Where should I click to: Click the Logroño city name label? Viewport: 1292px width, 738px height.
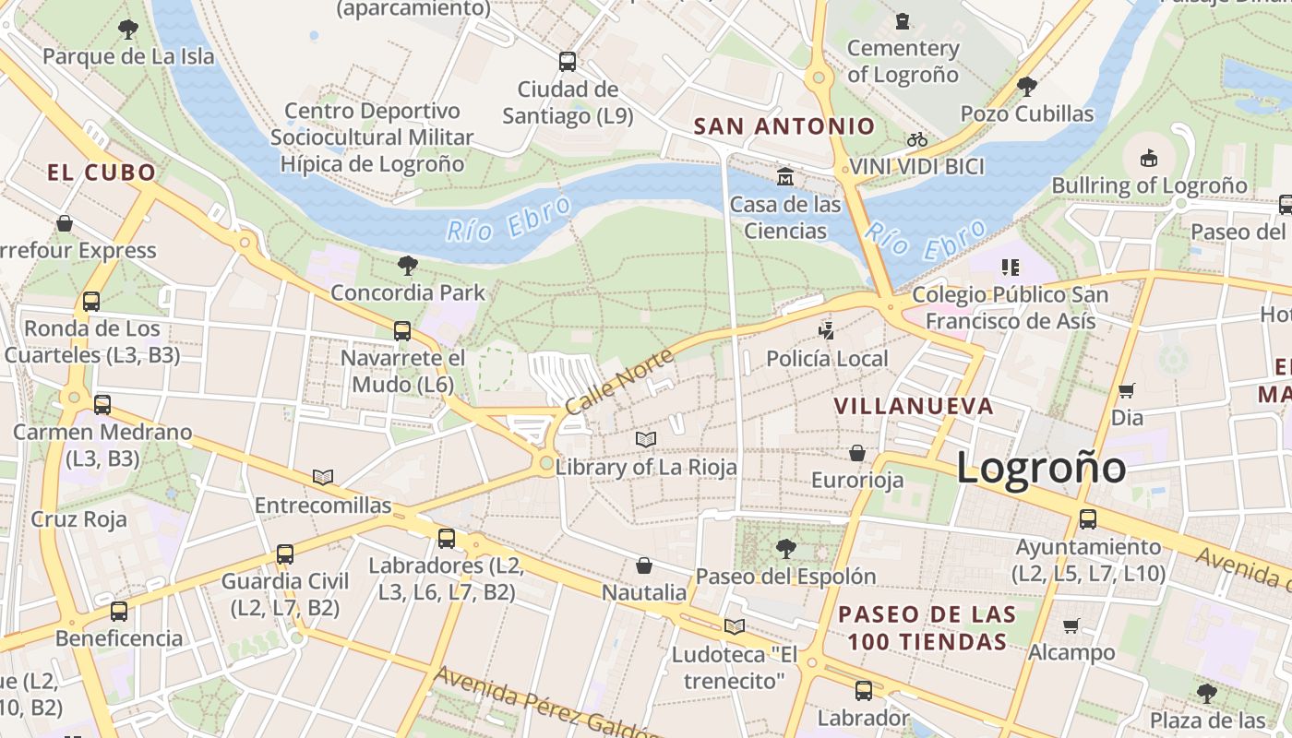pyautogui.click(x=1040, y=468)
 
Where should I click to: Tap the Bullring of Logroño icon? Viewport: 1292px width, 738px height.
pyautogui.click(x=1148, y=159)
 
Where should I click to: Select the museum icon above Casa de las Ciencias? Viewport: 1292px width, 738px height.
pyautogui.click(x=785, y=176)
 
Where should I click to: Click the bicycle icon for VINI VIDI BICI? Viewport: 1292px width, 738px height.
pyautogui.click(x=916, y=139)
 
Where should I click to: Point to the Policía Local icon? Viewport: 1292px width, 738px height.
pyautogui.click(x=827, y=330)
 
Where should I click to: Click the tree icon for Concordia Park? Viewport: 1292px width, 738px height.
pyautogui.click(x=407, y=267)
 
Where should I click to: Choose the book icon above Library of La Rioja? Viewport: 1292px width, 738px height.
pyautogui.click(x=646, y=439)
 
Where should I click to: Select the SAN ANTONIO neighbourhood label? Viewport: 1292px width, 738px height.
pyautogui.click(x=784, y=126)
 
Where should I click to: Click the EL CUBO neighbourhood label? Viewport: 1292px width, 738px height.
pyautogui.click(x=102, y=173)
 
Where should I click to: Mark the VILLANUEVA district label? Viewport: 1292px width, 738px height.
pyautogui.click(x=914, y=406)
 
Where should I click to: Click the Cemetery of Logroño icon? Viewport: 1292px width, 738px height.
pyautogui.click(x=903, y=20)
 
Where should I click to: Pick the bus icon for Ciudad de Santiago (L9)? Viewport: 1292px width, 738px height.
pyautogui.click(x=568, y=62)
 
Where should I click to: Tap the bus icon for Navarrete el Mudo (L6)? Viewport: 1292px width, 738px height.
pyautogui.click(x=402, y=330)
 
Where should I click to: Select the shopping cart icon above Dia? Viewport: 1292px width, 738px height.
pyautogui.click(x=1126, y=390)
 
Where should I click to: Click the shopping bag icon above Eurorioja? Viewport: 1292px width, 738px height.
pyautogui.click(x=857, y=453)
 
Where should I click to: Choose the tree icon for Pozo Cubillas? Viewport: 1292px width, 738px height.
pyautogui.click(x=1026, y=87)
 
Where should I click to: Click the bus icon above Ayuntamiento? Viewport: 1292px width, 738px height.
pyautogui.click(x=1088, y=519)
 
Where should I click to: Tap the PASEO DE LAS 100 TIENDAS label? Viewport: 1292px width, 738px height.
pyautogui.click(x=927, y=627)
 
